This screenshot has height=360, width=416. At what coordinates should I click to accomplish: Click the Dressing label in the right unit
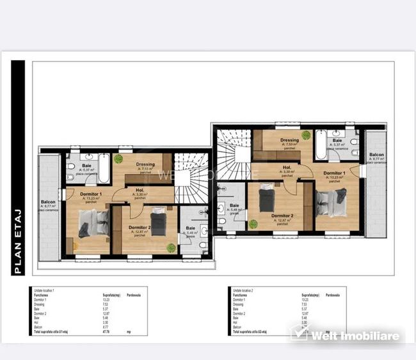pyautogui.click(x=289, y=141)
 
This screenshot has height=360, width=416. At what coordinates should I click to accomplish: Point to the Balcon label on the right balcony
pyautogui.click(x=376, y=155)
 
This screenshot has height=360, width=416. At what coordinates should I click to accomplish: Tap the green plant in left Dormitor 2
pyautogui.click(x=170, y=247)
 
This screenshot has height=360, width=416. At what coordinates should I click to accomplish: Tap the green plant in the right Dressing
pyautogui.click(x=307, y=135)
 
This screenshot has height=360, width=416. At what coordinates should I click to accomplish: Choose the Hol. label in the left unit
pyautogui.click(x=140, y=190)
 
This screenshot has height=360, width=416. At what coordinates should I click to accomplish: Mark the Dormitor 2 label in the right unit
pyautogui.click(x=282, y=215)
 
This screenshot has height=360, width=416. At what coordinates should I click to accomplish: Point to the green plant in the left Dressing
pyautogui.click(x=118, y=157)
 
